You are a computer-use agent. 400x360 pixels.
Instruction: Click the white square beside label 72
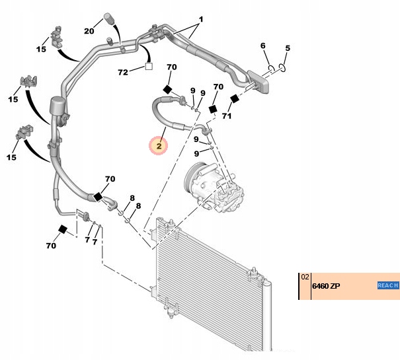coord(149,66)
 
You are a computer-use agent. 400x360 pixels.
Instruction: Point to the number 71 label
coord(227,116)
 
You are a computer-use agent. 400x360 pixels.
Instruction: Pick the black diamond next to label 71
coord(233,100)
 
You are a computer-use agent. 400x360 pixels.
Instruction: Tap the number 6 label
coord(262,46)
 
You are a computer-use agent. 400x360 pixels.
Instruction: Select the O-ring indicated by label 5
coord(282,67)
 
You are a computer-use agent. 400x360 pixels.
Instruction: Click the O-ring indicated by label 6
coord(270,68)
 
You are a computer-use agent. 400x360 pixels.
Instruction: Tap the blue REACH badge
coord(387,285)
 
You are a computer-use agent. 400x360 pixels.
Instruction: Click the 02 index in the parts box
coord(305,277)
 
